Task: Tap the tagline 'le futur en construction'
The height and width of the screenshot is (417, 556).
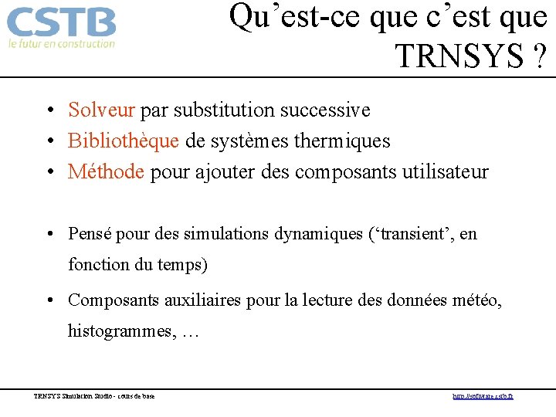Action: tap(61, 44)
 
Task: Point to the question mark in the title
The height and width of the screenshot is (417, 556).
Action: tap(538, 56)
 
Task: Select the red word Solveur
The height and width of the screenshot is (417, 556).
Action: tap(102, 110)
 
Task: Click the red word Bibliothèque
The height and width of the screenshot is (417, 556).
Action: tap(124, 141)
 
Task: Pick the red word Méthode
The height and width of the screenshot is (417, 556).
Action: tap(106, 171)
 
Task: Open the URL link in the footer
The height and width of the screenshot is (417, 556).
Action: tap(483, 397)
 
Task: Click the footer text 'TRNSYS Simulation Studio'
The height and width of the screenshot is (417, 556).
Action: tap(75, 397)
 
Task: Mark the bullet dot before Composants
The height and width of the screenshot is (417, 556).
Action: tap(48, 300)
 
